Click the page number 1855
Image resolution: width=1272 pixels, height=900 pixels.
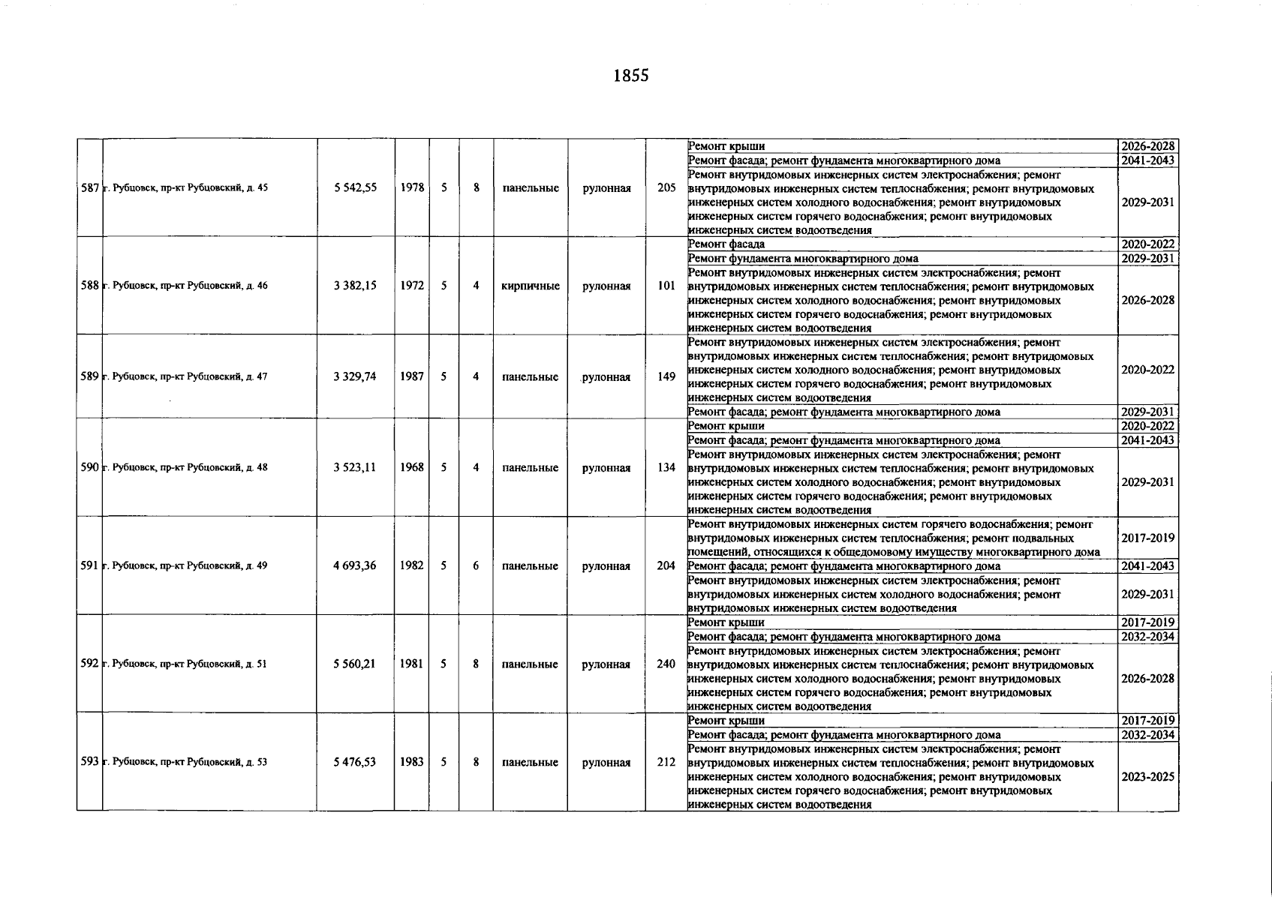630,76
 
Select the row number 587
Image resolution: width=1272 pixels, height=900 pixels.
89,187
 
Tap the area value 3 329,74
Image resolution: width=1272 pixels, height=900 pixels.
355,376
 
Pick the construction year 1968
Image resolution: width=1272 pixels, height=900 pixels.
411,467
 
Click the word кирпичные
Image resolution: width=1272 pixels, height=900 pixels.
530,286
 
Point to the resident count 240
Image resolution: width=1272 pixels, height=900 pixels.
666,664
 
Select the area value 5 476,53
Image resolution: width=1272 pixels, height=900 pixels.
355,762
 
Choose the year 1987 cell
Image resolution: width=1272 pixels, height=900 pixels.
411,376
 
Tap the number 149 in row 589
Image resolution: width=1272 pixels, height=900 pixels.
666,376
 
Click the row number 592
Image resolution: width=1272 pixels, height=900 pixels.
89,664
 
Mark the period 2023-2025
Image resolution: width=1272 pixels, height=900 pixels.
1147,777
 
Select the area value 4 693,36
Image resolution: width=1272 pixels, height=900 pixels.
355,565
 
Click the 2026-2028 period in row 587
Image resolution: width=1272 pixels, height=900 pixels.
1147,146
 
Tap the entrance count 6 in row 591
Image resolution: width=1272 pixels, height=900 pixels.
476,565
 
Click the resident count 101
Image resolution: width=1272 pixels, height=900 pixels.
666,286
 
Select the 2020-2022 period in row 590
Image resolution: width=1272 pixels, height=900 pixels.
1147,426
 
